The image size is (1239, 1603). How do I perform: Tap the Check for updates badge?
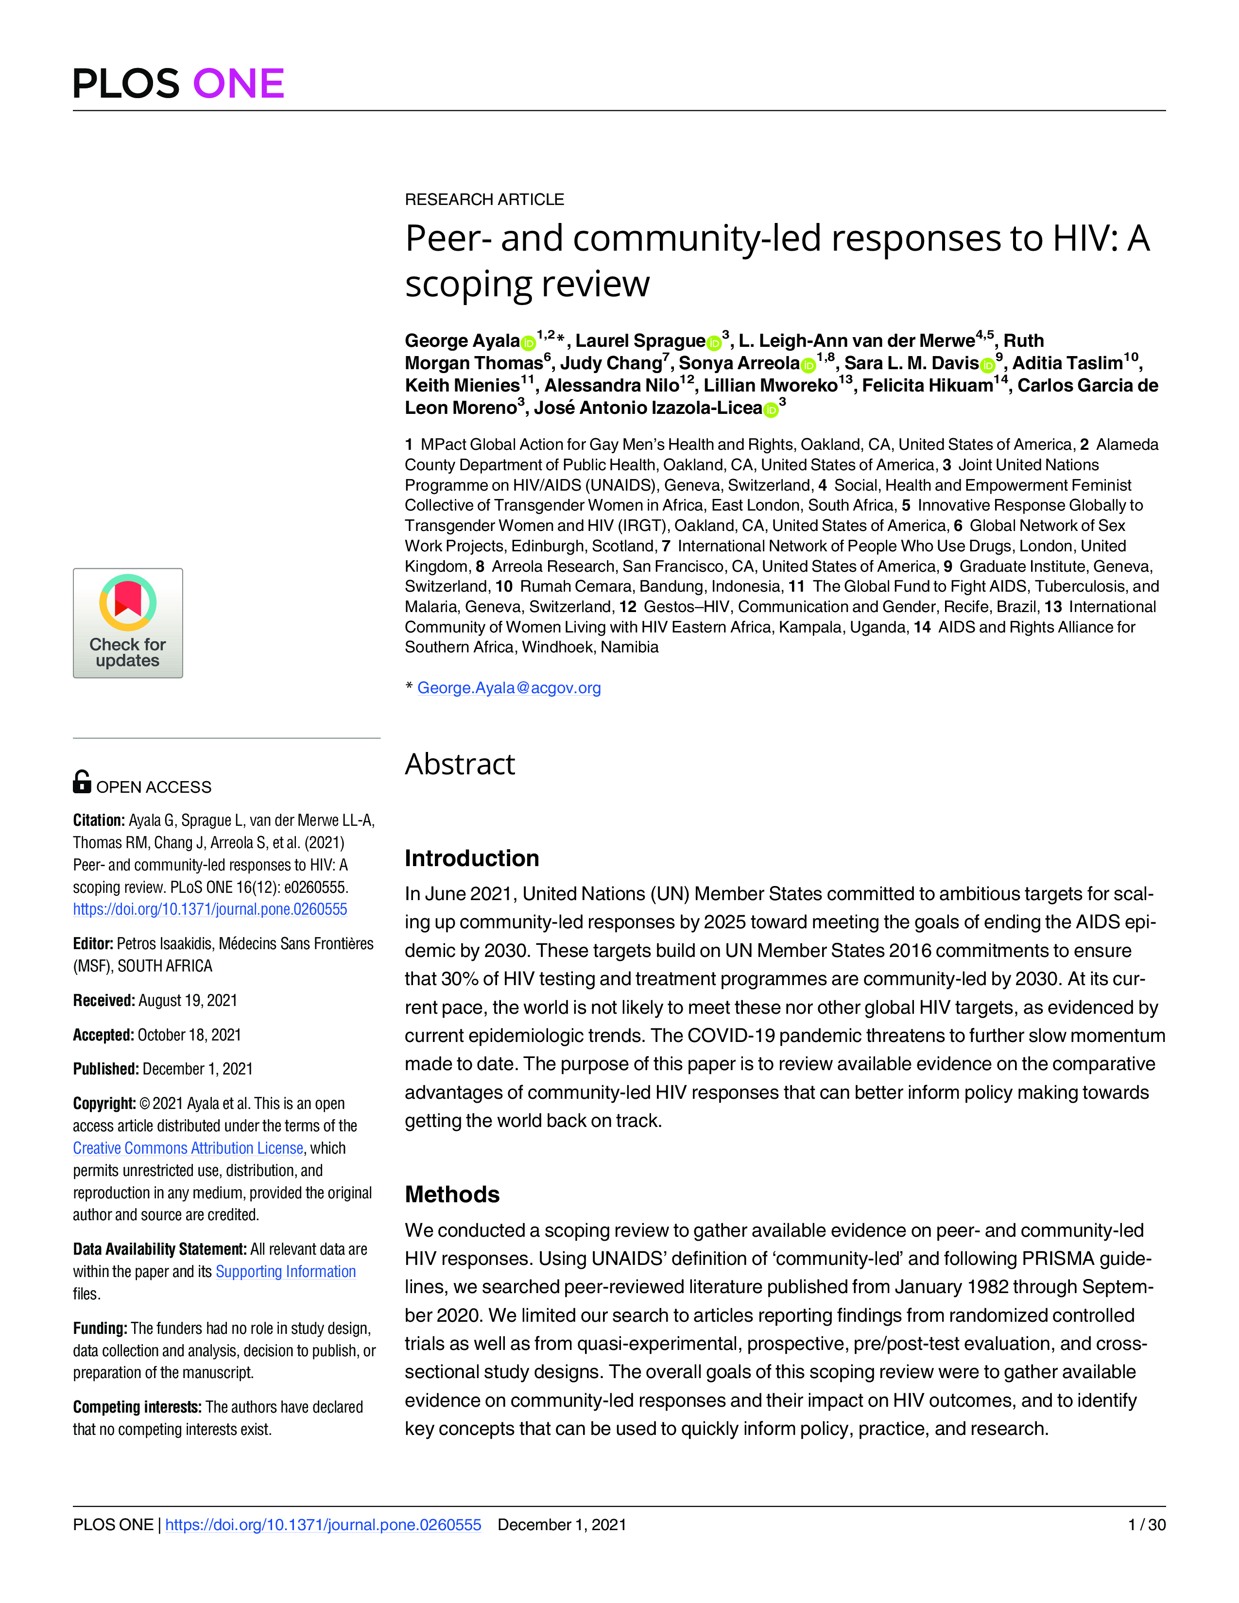point(128,622)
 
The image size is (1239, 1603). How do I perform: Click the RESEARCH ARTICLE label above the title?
point(484,200)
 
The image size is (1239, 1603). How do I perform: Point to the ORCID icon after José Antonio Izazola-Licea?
point(771,409)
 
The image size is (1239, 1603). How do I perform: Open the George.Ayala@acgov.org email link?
point(509,688)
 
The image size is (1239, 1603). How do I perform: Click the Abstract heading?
point(460,764)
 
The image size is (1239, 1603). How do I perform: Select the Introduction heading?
point(472,858)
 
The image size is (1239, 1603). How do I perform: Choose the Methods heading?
point(452,1194)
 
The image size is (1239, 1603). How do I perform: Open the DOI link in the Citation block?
point(210,909)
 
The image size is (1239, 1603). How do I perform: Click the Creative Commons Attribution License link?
point(188,1148)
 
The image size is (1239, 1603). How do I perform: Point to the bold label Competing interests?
point(137,1407)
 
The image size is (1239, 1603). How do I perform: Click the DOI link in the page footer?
point(323,1524)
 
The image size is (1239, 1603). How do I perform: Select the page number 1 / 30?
point(1147,1524)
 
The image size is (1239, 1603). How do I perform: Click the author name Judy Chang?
point(611,363)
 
